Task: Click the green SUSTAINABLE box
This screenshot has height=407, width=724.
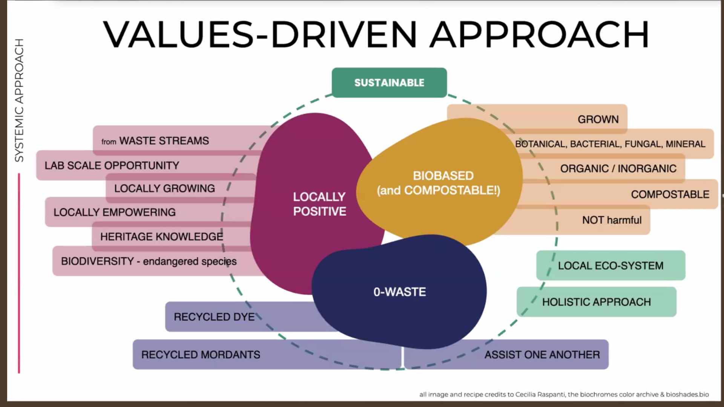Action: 389,83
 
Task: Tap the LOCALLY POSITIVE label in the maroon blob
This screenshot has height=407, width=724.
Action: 319,204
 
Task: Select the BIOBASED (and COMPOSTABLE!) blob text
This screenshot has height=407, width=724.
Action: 439,183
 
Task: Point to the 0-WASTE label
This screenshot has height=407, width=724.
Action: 400,292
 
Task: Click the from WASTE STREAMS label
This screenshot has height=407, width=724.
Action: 155,141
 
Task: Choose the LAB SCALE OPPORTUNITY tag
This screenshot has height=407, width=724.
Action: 112,165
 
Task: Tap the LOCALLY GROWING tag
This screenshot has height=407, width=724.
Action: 164,188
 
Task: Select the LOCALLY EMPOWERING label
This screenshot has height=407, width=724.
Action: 114,213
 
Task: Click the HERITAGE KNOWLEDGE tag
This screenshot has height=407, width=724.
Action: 161,237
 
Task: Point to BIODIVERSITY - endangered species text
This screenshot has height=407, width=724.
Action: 149,261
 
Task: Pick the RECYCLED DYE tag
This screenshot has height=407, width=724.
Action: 214,317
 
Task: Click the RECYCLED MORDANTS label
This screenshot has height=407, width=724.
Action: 201,355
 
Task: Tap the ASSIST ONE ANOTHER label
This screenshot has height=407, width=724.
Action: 542,355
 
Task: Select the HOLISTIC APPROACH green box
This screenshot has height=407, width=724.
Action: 596,302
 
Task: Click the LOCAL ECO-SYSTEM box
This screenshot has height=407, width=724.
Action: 610,266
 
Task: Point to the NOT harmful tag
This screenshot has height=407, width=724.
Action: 612,220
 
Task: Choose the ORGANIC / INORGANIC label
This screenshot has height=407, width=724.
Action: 618,168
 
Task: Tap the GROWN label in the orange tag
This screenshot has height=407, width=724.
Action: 598,119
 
